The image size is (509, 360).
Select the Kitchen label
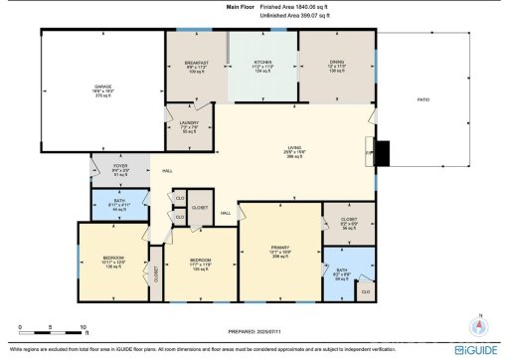point(262,62)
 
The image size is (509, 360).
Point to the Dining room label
point(336,62)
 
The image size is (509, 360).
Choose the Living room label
point(295,148)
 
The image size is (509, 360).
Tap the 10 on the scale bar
point(86,325)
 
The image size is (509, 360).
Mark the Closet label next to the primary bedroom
point(348,219)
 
